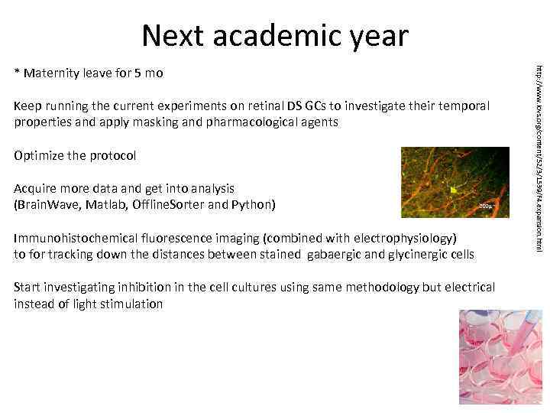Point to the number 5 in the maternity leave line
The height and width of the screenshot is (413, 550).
[x=137, y=73]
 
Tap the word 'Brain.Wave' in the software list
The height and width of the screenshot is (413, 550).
[x=52, y=205]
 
